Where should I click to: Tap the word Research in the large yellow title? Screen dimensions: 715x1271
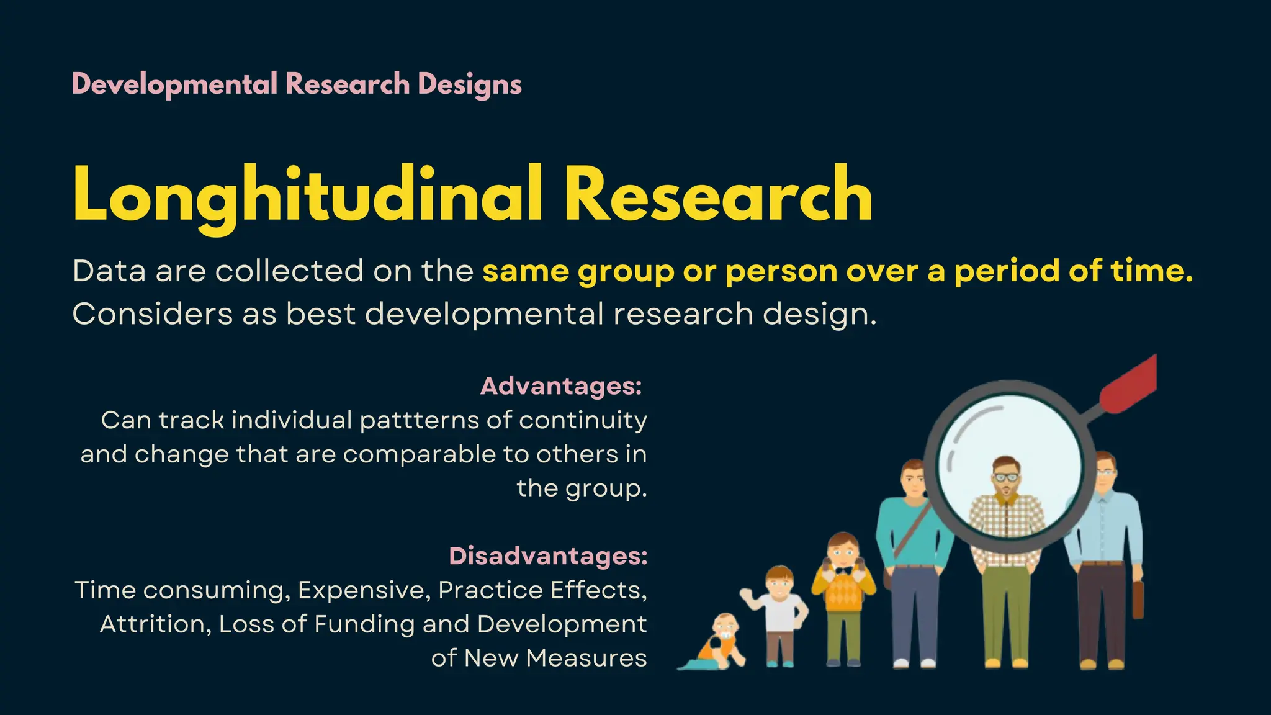coord(718,194)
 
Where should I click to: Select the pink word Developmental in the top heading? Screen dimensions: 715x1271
coord(174,84)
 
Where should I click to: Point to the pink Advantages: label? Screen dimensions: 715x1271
coord(561,386)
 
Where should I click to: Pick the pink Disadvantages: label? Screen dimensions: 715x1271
coord(548,555)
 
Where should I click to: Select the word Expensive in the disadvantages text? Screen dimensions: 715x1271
coord(364,590)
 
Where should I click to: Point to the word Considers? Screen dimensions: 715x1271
coord(153,313)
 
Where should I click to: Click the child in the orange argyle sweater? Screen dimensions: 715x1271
coord(843,590)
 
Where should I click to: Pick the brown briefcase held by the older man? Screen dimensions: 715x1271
coord(1138,599)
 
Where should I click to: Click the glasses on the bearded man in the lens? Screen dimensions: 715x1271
coord(1005,477)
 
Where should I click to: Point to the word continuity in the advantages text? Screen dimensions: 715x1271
coord(583,421)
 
